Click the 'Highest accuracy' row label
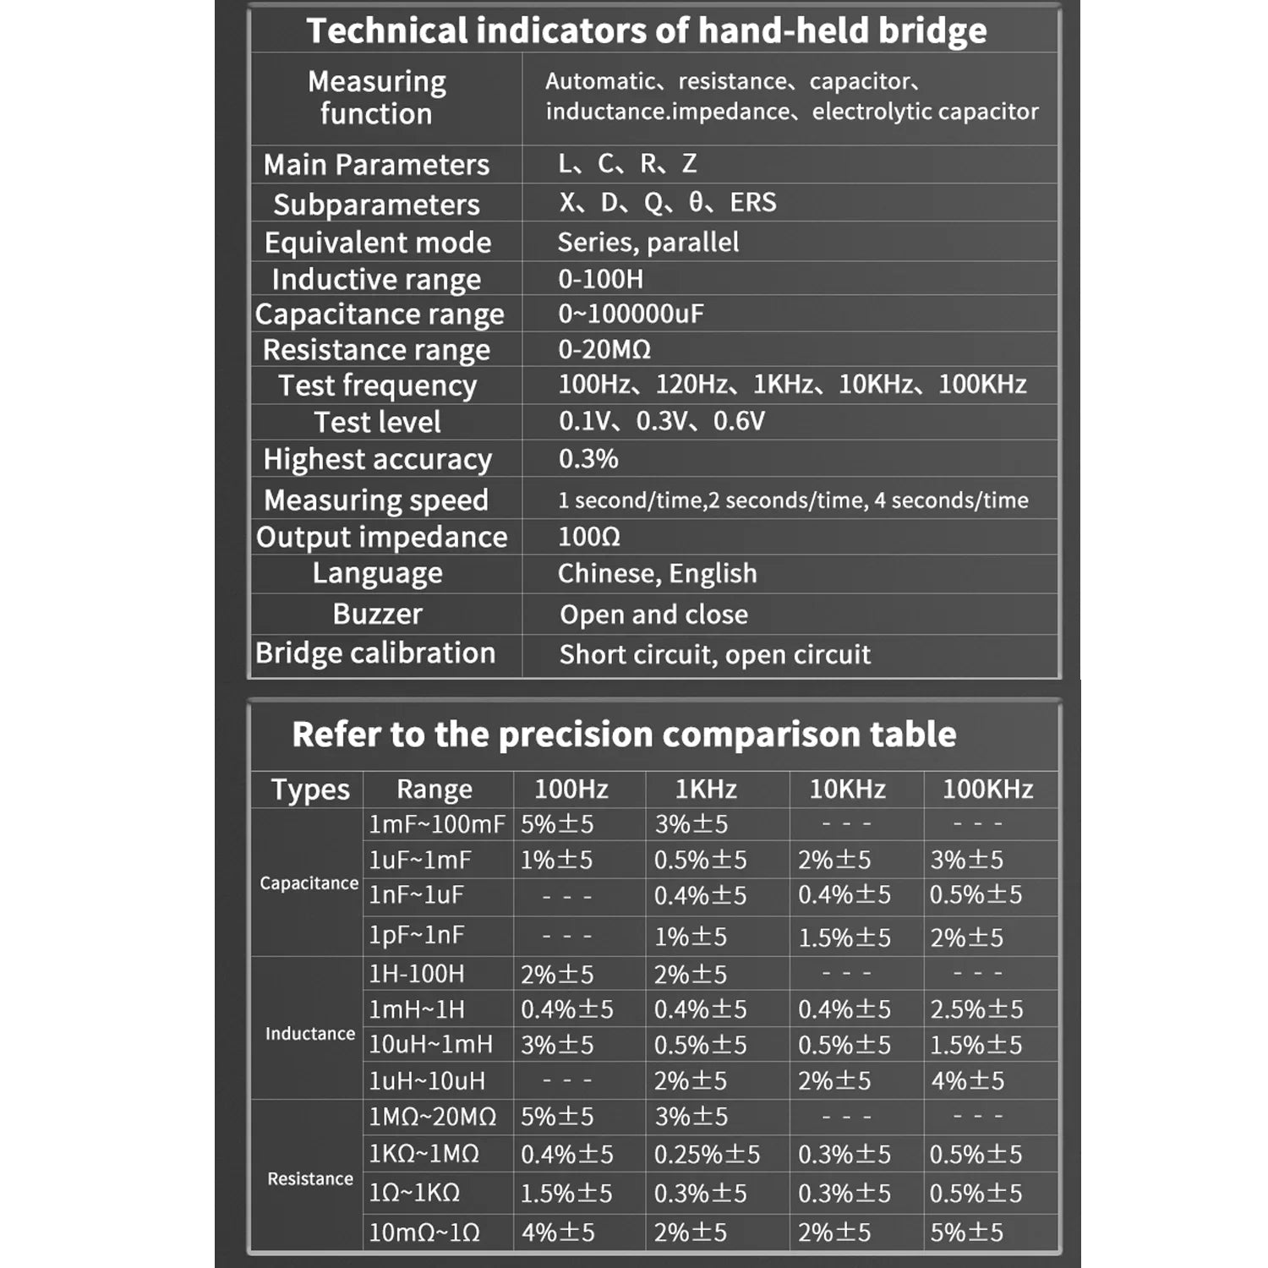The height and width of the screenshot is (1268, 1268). tap(377, 459)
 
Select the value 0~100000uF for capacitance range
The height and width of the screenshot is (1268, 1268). tap(631, 314)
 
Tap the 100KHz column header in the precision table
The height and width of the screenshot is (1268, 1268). tap(987, 789)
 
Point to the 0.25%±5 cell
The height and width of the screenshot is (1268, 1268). tap(707, 1154)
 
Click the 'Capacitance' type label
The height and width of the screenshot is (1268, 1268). tap(309, 883)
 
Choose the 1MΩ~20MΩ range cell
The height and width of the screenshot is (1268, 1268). tap(432, 1117)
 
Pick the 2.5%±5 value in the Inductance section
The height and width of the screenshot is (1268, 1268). tap(976, 1008)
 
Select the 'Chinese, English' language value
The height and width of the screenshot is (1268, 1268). tap(657, 573)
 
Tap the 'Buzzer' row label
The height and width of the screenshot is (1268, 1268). tap(377, 614)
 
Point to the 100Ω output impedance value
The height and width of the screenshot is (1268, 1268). tap(589, 537)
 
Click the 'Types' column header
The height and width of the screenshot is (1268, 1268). tap(310, 789)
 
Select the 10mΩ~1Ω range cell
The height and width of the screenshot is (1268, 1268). tap(424, 1232)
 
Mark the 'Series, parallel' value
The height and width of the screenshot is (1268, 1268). tap(648, 243)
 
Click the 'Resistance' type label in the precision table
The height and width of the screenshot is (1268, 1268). tap(310, 1178)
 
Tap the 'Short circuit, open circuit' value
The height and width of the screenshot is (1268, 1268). tap(714, 654)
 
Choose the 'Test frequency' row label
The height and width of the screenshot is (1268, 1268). tap(378, 385)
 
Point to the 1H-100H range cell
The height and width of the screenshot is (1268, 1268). tap(417, 974)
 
